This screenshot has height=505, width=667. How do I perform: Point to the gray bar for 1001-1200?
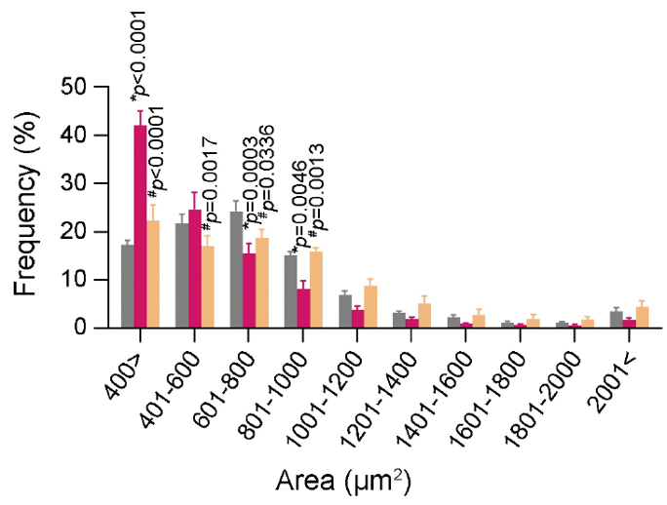(344, 312)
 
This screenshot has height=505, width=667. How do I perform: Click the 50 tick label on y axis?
(76, 88)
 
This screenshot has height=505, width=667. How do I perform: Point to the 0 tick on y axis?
(82, 329)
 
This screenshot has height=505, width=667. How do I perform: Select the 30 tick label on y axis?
(76, 184)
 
